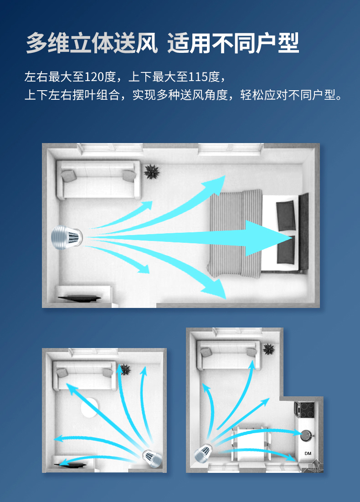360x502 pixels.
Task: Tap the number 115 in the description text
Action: pos(198,77)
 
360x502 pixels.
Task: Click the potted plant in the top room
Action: pos(151,172)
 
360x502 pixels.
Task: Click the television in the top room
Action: pos(79,298)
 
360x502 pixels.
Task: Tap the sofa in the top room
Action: pos(98,180)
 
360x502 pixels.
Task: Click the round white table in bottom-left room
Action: pos(89,407)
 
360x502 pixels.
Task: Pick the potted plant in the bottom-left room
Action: pos(124,369)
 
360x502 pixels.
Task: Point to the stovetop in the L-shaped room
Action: pos(304,410)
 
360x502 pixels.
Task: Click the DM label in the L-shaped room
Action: pos(308,453)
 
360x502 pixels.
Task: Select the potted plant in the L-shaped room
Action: pos(268,349)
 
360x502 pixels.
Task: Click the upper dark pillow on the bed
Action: pos(286,215)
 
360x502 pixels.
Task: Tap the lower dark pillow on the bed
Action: pos(286,250)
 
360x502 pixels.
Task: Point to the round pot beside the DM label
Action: pos(307,435)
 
